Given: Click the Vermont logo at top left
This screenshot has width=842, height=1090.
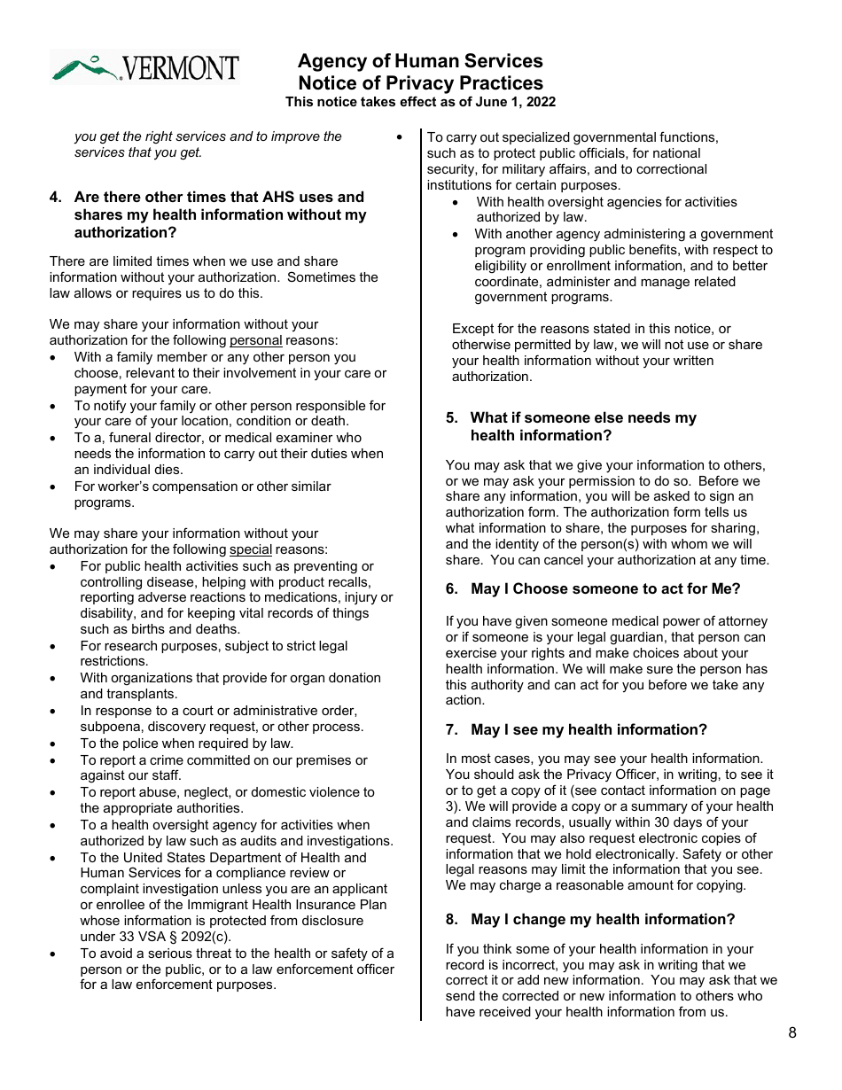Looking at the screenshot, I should point(145,66).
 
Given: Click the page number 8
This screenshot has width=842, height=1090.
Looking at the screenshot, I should point(791,1033).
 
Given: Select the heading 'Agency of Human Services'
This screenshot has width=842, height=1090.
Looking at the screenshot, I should point(420,61).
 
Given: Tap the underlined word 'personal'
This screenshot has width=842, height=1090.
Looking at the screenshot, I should point(255,340).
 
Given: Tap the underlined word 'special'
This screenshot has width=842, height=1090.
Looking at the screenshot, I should point(250,549).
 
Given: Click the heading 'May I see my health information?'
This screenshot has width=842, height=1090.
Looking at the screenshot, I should point(589,729).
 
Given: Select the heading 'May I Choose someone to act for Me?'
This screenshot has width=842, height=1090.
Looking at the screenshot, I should point(605,588).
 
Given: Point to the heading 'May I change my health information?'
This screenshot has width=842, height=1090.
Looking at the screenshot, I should point(603,919).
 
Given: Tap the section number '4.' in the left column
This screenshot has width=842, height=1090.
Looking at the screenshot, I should point(56,197).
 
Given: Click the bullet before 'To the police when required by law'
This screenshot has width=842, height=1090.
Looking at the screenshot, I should point(55,744).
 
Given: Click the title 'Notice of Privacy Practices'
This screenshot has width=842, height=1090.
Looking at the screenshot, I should point(420,82).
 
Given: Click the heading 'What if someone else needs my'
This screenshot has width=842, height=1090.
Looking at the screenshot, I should point(583,417).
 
